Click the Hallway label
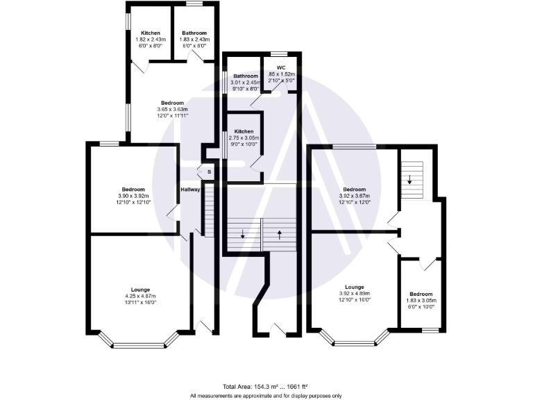click(x=190, y=189)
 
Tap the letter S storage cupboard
click(x=208, y=171)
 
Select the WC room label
click(x=281, y=68)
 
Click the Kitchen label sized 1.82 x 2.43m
click(x=151, y=33)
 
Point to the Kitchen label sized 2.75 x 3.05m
click(x=243, y=131)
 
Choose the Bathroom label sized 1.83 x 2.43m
click(x=194, y=33)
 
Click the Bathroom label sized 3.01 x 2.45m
click(x=245, y=76)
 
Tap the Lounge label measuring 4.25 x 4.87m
click(x=141, y=289)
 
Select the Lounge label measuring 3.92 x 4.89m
click(x=355, y=287)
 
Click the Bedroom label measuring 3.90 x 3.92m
click(x=133, y=190)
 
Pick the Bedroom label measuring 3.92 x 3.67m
click(x=355, y=190)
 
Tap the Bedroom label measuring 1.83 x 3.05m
click(x=421, y=294)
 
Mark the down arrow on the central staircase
click(x=242, y=235)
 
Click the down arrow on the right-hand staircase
click(x=410, y=180)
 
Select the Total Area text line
click(x=265, y=386)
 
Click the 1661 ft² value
click(x=296, y=386)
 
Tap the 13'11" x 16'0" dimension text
click(x=141, y=302)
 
